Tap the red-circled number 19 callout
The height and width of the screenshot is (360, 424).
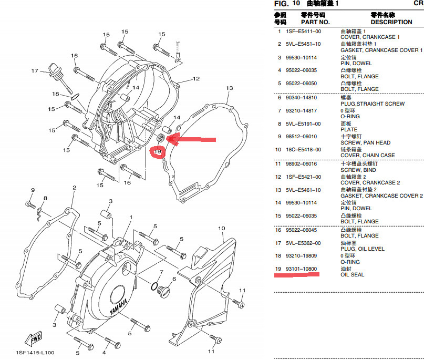click(x=158, y=152)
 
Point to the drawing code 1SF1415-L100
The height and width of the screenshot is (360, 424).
click(x=35, y=352)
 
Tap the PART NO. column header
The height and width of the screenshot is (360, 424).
click(x=315, y=22)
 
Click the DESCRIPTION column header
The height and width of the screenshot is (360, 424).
click(x=391, y=22)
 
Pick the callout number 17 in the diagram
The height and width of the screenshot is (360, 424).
click(x=35, y=71)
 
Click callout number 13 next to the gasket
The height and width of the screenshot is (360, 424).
click(x=229, y=88)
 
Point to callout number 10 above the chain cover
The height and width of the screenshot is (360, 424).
click(x=221, y=228)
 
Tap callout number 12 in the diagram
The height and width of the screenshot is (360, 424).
click(x=196, y=79)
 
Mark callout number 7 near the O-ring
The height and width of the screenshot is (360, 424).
click(x=161, y=271)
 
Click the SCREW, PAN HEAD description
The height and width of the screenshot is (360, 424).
click(x=365, y=142)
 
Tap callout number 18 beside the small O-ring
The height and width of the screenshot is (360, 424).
click(x=55, y=94)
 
